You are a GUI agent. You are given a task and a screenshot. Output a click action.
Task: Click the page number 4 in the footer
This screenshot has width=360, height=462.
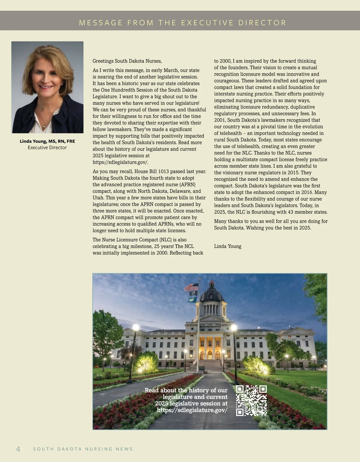pyautogui.click(x=18, y=449)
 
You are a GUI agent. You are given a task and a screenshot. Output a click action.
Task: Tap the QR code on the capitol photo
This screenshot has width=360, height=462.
pyautogui.click(x=251, y=400)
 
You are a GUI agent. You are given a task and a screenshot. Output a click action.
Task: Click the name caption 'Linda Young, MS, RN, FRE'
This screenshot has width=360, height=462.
pyautogui.click(x=47, y=141)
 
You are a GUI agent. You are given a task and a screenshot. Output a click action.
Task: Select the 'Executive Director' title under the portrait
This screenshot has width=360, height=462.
pyautogui.click(x=47, y=148)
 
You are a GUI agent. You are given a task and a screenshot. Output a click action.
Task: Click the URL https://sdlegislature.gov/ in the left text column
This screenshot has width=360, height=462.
pyautogui.click(x=120, y=162)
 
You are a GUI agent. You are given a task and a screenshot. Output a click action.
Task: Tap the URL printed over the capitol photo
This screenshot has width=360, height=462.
pyautogui.click(x=192, y=410)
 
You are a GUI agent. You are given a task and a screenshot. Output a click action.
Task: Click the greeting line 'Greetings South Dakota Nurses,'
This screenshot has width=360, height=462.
pyautogui.click(x=127, y=61)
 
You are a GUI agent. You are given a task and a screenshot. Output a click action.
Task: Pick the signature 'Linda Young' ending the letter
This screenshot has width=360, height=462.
pyautogui.click(x=228, y=246)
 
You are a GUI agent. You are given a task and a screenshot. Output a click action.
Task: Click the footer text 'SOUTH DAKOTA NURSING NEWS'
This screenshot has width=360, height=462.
pyautogui.click(x=83, y=449)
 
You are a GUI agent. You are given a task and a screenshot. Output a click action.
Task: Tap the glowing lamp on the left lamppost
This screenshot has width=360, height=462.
pyautogui.click(x=136, y=327)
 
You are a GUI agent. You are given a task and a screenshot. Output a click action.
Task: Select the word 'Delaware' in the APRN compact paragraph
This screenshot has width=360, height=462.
pyautogui.click(x=181, y=191)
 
